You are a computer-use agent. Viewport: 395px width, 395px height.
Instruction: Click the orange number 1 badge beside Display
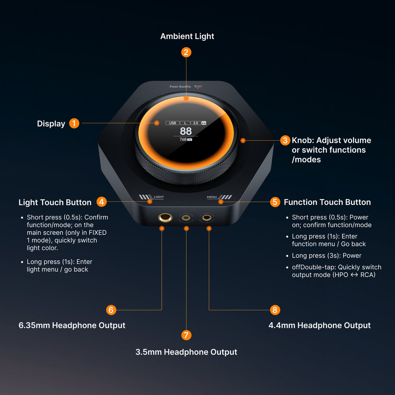pyautogui.click(x=74, y=123)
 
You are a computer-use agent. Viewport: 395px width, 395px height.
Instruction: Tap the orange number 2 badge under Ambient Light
pyautogui.click(x=186, y=53)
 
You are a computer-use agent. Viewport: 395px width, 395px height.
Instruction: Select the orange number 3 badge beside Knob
pyautogui.click(x=285, y=140)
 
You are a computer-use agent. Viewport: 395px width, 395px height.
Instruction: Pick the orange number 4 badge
pyautogui.click(x=102, y=202)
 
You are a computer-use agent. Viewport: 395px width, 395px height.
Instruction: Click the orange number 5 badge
pyautogui.click(x=275, y=202)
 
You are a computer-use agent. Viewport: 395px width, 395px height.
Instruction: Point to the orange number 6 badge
pyautogui.click(x=111, y=310)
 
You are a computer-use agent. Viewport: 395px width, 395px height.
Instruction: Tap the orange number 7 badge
pyautogui.click(x=186, y=335)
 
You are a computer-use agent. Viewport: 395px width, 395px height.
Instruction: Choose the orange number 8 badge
pyautogui.click(x=275, y=310)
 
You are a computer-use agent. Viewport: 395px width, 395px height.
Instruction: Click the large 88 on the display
pyautogui.click(x=186, y=131)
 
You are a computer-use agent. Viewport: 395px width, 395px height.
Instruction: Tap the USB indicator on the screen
pyautogui.click(x=173, y=123)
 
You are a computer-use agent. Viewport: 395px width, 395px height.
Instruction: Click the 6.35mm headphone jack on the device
pyautogui.click(x=165, y=218)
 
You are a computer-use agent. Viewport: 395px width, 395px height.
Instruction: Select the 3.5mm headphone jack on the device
pyautogui.click(x=186, y=218)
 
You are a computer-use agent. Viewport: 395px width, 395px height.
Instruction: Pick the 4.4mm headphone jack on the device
pyautogui.click(x=207, y=218)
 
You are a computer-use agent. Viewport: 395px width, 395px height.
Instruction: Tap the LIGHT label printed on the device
pyautogui.click(x=159, y=197)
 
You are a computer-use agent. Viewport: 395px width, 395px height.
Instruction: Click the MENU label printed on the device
pyautogui.click(x=212, y=197)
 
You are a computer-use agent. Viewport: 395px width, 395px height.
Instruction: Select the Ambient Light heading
pyautogui.click(x=187, y=36)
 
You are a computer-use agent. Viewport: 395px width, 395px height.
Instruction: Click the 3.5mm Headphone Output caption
pyautogui.click(x=186, y=352)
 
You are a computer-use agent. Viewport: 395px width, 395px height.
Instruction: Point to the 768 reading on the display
pyautogui.click(x=183, y=139)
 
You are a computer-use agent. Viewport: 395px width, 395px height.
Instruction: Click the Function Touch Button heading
pyautogui.click(x=327, y=202)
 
